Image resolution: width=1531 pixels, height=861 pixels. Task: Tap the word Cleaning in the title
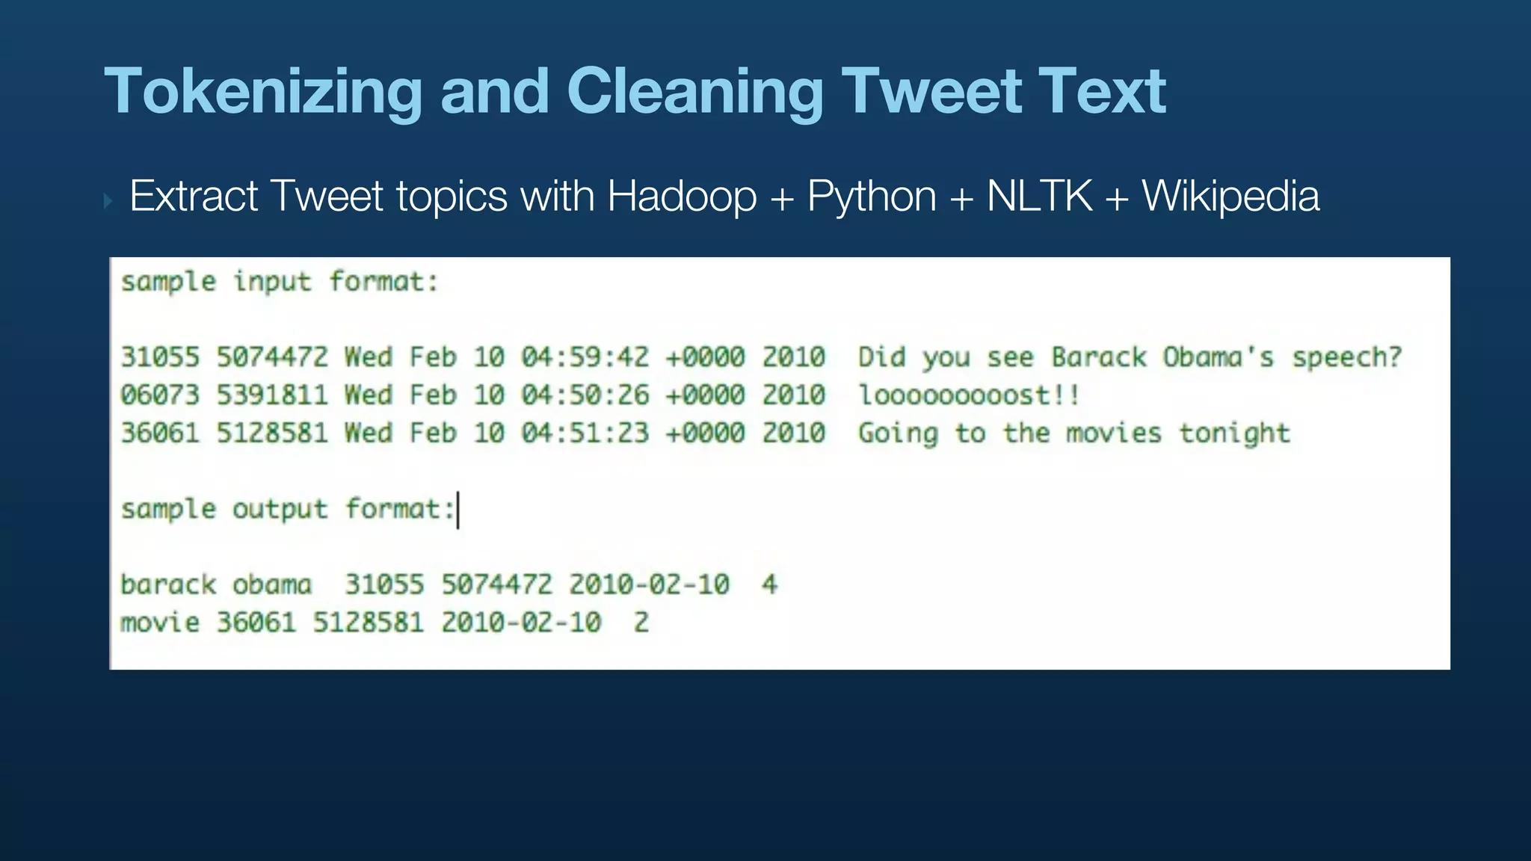(695, 92)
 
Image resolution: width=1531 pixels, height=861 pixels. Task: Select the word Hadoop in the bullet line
(682, 197)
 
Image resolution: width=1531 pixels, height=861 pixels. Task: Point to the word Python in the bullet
(872, 197)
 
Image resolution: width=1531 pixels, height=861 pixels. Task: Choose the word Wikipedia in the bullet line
(1230, 197)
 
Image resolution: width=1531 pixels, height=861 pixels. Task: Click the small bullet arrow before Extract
(108, 200)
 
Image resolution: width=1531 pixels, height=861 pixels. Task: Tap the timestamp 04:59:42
(585, 357)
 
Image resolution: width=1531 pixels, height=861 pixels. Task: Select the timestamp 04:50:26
(585, 395)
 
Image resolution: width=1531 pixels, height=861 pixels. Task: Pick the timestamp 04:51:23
(585, 433)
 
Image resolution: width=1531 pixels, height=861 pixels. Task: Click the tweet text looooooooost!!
(969, 395)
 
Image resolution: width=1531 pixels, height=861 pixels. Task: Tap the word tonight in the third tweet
(1235, 433)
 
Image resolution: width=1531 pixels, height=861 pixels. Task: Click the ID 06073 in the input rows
(160, 395)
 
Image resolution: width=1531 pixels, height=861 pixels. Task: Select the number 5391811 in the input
(272, 395)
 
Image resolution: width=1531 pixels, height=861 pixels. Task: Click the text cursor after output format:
(458, 510)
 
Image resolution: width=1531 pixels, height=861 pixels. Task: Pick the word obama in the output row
(271, 584)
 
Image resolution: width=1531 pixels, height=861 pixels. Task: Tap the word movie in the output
(160, 623)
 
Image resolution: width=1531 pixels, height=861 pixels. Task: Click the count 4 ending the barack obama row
(769, 584)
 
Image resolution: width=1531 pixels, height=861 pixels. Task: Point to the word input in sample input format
(272, 283)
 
